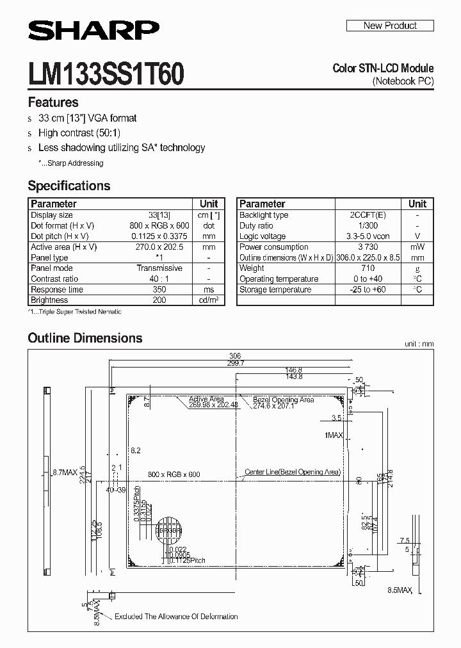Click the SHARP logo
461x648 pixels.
93,31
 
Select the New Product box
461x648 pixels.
390,26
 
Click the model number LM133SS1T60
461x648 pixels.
106,75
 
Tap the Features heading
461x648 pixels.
53,102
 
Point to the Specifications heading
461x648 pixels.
69,186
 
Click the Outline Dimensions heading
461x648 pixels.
85,338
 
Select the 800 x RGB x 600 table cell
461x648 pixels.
159,225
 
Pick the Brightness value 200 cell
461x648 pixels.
159,300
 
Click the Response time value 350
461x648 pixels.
159,289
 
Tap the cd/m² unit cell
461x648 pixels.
209,300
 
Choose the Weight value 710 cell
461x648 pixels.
368,268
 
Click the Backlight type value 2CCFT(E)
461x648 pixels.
368,215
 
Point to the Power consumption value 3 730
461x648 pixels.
368,247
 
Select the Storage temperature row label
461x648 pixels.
275,289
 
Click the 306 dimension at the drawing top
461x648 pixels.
235,356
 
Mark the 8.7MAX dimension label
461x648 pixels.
65,472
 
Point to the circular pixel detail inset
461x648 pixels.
168,531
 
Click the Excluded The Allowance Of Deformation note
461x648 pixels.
176,617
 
